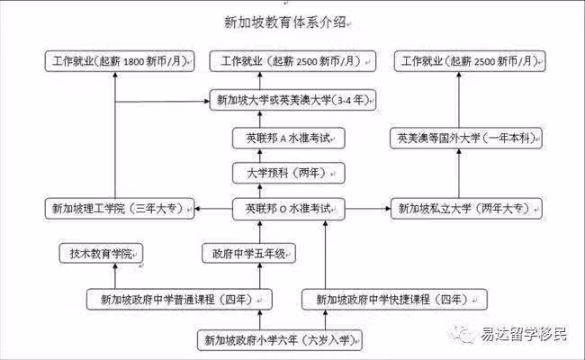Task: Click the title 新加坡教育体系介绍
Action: tap(285, 22)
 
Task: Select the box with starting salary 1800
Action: tap(120, 61)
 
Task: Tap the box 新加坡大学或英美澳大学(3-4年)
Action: tap(292, 100)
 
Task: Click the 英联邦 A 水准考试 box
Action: tap(288, 138)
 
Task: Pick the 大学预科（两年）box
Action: tap(288, 173)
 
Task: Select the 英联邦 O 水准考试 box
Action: tap(288, 209)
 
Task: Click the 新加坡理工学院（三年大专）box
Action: tap(120, 209)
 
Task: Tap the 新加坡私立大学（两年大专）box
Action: tap(466, 209)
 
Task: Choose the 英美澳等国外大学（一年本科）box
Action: tap(466, 138)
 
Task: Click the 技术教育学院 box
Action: tap(101, 254)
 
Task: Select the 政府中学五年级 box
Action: tap(248, 254)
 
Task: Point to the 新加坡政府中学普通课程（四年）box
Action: tap(179, 299)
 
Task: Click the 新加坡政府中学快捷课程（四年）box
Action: tap(394, 299)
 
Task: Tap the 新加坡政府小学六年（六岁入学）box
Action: tap(280, 340)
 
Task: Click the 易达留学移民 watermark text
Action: tap(524, 334)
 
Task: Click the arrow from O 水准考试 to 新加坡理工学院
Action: tap(213, 209)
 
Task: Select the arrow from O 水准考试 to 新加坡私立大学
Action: tap(367, 209)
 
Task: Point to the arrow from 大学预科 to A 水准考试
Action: tap(260, 156)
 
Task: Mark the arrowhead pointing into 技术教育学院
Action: tap(115, 266)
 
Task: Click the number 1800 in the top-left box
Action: tap(133, 62)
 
